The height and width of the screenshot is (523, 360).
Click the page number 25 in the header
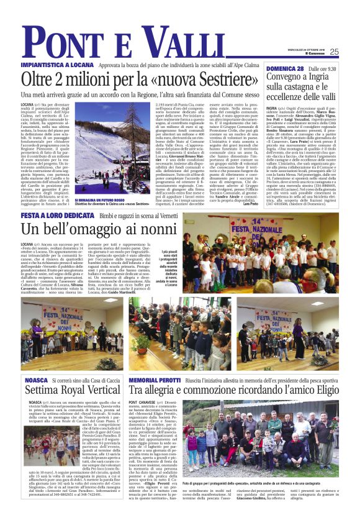334,52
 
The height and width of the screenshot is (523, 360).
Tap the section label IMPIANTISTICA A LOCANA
51,63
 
